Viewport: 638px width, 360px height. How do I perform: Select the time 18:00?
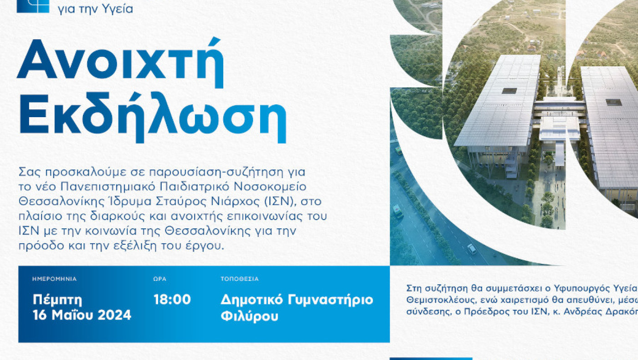(172, 300)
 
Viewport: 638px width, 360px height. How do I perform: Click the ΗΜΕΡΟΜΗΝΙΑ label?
(55, 279)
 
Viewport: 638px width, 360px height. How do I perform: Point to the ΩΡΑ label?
(159, 279)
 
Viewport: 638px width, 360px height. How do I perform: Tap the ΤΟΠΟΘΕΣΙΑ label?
(239, 279)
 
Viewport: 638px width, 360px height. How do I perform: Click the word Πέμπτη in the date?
(57, 300)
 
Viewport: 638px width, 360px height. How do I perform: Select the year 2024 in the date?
(115, 315)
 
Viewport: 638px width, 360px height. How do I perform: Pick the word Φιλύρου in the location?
(249, 316)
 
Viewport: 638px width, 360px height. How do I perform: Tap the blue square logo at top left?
(33, 5)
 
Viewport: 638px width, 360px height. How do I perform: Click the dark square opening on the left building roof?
(509, 91)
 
